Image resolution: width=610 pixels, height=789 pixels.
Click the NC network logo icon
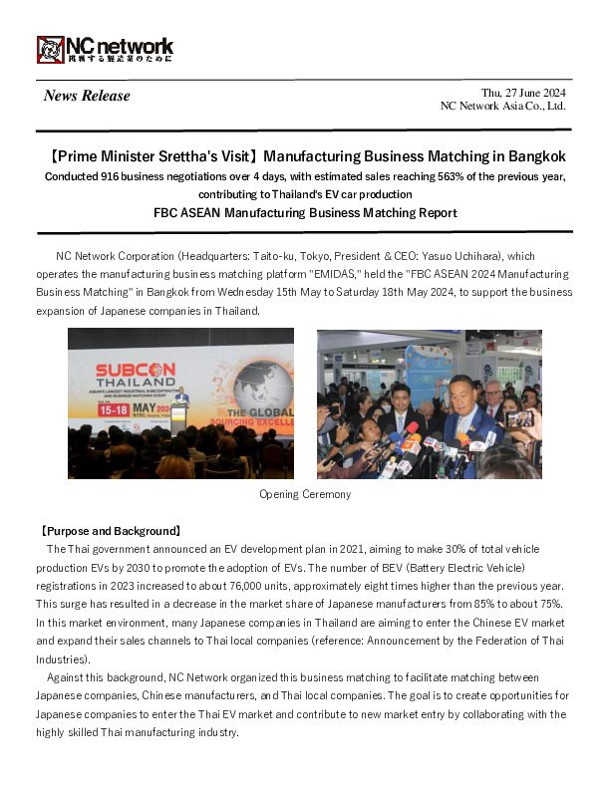pos(51,49)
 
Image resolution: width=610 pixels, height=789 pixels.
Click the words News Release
pos(87,96)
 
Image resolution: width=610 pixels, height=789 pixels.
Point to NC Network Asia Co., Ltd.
pos(503,106)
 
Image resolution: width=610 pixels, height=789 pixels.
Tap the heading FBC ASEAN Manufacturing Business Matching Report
pos(305,212)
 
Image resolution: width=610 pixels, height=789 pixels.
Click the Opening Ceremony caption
pos(305,494)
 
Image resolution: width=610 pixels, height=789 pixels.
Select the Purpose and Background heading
pos(109,531)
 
